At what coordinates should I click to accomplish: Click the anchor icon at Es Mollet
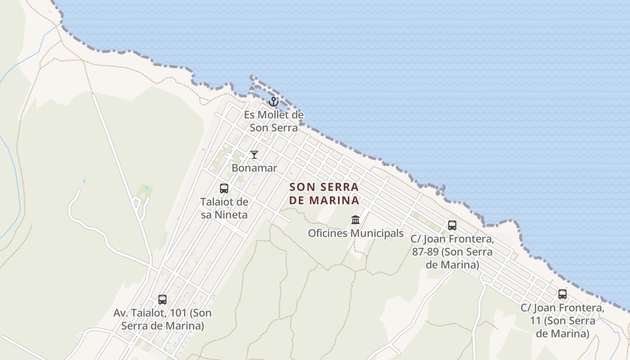[x=274, y=102]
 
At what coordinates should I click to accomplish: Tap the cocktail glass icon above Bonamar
[x=254, y=155]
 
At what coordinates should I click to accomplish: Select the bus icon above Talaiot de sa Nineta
[x=224, y=189]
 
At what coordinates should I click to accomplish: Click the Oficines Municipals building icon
[x=355, y=220]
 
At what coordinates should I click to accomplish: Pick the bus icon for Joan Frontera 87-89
[x=452, y=225]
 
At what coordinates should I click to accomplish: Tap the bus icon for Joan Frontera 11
[x=562, y=294]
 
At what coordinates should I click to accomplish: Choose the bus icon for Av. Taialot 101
[x=162, y=299]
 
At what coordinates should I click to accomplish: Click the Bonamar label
[x=254, y=168]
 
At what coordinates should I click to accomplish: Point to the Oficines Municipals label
[x=355, y=233]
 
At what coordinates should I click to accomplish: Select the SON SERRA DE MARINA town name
[x=324, y=193]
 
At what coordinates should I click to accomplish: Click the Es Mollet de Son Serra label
[x=274, y=121]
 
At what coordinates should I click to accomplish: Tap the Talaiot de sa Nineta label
[x=224, y=208]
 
